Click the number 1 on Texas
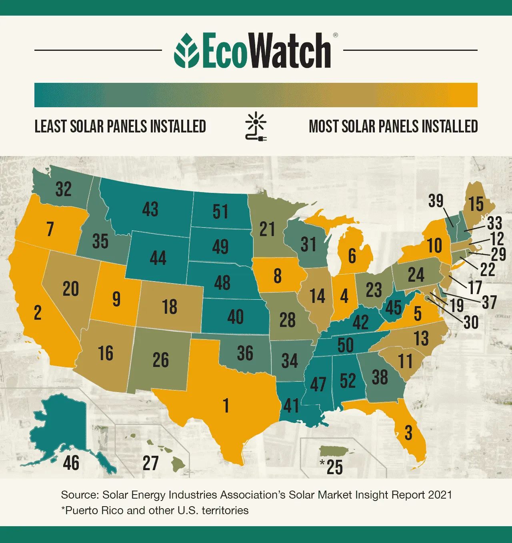coord(226,405)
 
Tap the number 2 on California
coord(38,313)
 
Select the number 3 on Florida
coord(408,433)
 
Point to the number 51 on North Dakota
coord(220,212)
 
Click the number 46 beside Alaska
coord(71,463)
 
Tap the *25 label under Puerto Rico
coord(332,467)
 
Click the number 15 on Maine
coord(476,204)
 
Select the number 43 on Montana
coord(150,209)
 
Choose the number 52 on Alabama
coord(348,381)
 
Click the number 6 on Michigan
coord(352,256)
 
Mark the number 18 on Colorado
coord(170,307)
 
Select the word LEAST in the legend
coord(50,126)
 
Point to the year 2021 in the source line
coord(440,495)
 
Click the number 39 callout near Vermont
coord(436,200)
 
